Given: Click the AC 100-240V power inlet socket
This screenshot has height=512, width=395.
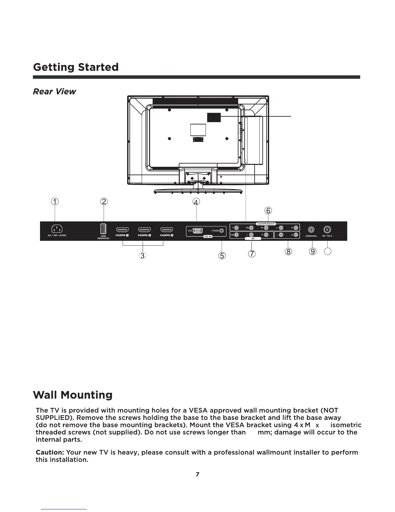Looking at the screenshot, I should pyautogui.click(x=57, y=229).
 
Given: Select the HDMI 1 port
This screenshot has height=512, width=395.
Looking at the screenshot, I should pyautogui.click(x=122, y=230).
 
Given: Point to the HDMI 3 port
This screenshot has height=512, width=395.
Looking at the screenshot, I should pyautogui.click(x=167, y=230).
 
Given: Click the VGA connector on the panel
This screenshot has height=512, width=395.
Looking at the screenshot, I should pyautogui.click(x=197, y=231).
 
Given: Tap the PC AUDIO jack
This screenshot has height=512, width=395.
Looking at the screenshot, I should pyautogui.click(x=221, y=230).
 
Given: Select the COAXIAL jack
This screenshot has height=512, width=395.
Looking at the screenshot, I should pyautogui.click(x=311, y=230).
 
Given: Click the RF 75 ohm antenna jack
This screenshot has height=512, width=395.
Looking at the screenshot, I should pyautogui.click(x=327, y=230).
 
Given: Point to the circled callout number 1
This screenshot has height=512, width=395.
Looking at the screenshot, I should pyautogui.click(x=56, y=202).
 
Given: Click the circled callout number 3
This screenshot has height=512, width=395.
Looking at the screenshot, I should pyautogui.click(x=142, y=256).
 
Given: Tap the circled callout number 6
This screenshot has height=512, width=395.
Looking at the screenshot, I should pyautogui.click(x=268, y=211).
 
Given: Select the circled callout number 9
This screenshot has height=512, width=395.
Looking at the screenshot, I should pyautogui.click(x=312, y=252).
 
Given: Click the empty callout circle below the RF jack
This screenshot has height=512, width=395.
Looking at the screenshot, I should pyautogui.click(x=328, y=252).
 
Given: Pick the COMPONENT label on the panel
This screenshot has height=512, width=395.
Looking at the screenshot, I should pyautogui.click(x=266, y=224).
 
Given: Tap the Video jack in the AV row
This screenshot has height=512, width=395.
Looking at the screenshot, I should pyautogui.click(x=237, y=235).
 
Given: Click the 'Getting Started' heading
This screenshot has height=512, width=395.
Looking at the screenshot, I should pyautogui.click(x=76, y=67).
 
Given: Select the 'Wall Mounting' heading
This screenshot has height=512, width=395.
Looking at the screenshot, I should pyautogui.click(x=73, y=395).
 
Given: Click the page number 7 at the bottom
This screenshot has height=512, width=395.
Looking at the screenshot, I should pyautogui.click(x=197, y=475).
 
